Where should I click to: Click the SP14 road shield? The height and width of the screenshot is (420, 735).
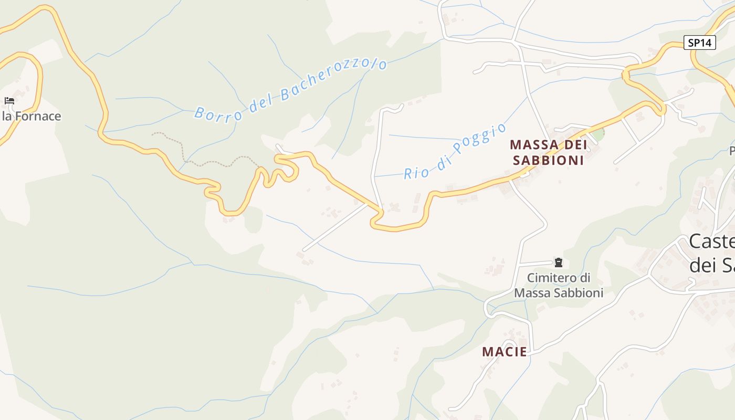700,43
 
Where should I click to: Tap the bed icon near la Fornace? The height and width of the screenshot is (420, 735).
9,101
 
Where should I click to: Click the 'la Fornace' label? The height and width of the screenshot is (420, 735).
31,116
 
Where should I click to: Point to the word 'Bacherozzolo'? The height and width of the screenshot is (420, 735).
334,80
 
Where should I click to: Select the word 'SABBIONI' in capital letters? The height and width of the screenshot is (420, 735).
548,160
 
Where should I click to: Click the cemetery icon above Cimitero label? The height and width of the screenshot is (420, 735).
559,262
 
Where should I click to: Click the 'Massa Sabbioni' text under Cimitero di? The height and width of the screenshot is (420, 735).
559,293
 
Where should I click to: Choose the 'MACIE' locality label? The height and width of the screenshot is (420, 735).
505,352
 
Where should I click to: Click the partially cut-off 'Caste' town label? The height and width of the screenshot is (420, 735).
711,242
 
